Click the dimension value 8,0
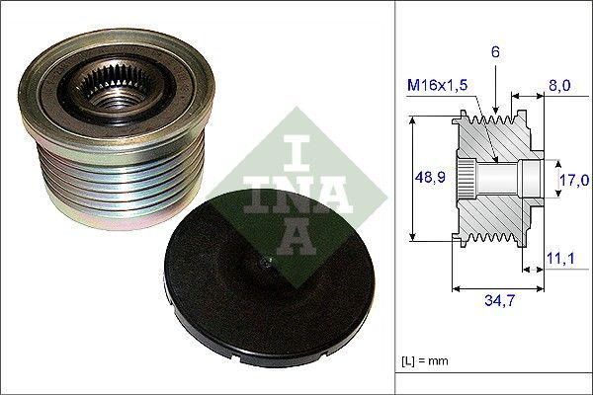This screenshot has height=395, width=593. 559,86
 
